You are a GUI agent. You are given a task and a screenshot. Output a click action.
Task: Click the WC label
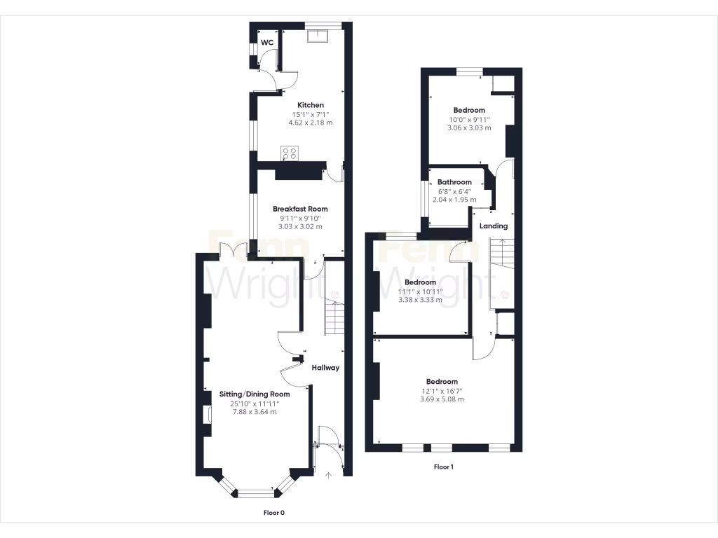coord(267,43)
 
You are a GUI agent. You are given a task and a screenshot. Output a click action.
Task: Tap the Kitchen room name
coord(310,105)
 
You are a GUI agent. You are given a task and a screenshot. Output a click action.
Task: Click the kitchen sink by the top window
coord(323,34)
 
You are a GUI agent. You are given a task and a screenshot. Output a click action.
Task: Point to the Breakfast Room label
coord(300,209)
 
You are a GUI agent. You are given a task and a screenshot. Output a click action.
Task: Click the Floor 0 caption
coord(274,513)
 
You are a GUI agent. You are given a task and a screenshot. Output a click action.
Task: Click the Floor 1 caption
coord(443,467)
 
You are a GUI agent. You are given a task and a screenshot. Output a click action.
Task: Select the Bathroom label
coord(454,182)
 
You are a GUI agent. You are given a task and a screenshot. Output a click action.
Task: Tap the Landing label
coord(494,226)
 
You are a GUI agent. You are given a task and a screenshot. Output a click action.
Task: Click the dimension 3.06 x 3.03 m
coord(469,128)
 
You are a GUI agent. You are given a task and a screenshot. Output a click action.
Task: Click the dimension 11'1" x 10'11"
coord(420,291)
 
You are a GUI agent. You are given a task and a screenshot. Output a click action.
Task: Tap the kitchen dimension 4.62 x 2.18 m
coord(310,123)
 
